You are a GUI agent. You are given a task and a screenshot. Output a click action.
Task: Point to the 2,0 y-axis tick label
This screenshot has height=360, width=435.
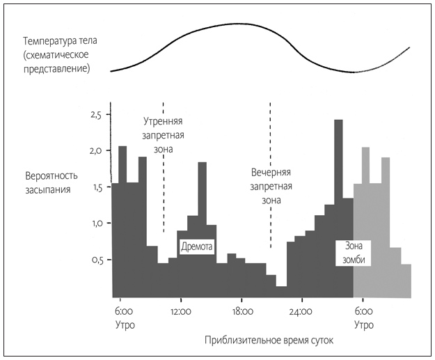point(95,150)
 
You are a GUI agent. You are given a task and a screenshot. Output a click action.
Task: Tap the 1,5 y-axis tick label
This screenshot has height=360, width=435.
point(95,187)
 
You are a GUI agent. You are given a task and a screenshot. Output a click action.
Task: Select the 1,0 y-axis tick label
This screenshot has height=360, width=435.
point(95,224)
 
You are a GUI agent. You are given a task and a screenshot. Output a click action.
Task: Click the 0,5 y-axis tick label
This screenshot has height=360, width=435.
point(95,260)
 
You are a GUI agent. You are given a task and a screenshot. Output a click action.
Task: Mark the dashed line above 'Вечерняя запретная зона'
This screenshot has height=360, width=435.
point(270,132)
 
